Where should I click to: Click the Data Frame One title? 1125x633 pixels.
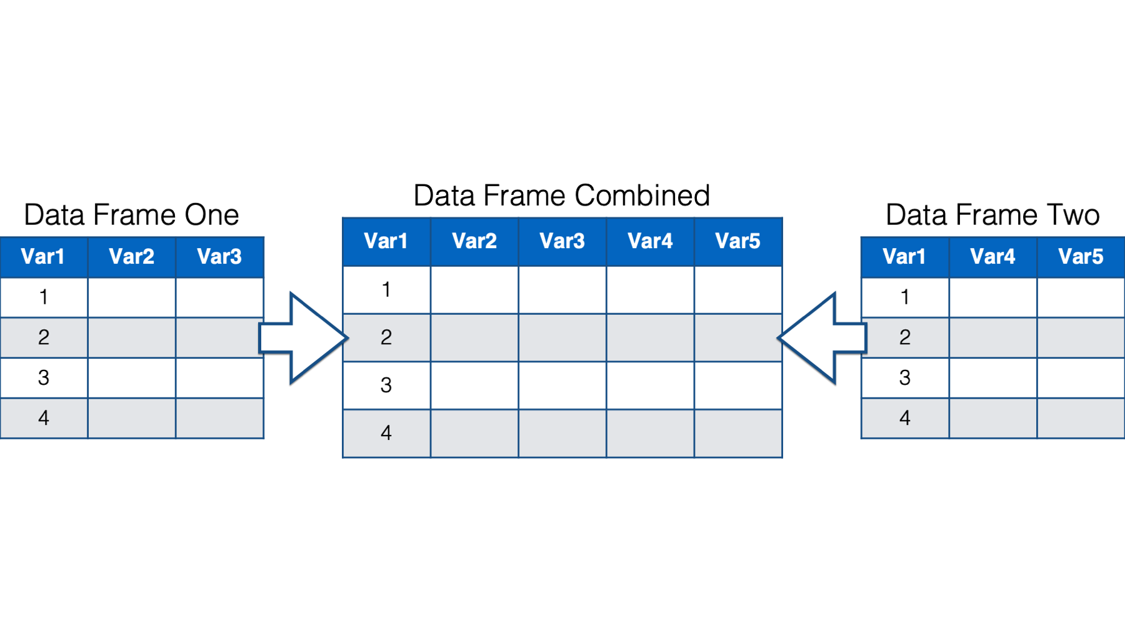click(131, 215)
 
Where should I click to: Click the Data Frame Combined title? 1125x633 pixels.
click(562, 196)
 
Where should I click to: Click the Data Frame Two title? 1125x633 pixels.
click(992, 215)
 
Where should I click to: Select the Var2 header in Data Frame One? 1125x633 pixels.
click(131, 256)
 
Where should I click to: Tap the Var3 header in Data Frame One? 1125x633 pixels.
click(219, 256)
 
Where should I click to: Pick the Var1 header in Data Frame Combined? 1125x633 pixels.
click(386, 241)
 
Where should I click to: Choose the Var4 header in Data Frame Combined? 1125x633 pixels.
click(650, 241)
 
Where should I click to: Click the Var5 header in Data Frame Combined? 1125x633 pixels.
click(737, 241)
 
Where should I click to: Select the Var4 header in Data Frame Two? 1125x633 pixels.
click(992, 256)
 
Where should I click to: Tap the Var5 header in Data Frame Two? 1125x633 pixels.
click(1081, 256)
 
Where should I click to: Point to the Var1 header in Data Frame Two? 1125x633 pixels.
click(904, 256)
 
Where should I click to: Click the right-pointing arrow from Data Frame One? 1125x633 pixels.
click(304, 338)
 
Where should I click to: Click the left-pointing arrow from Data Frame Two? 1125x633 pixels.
click(821, 338)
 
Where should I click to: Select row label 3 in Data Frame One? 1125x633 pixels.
click(44, 377)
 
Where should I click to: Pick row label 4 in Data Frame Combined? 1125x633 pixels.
click(386, 432)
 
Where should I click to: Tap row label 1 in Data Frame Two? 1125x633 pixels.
click(905, 297)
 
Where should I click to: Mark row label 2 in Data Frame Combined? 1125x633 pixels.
click(386, 337)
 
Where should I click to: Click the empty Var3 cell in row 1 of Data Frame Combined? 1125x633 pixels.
click(562, 290)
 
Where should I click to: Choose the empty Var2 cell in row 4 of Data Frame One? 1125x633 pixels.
click(132, 418)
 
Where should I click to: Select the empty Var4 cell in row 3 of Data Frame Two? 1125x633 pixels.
click(993, 378)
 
